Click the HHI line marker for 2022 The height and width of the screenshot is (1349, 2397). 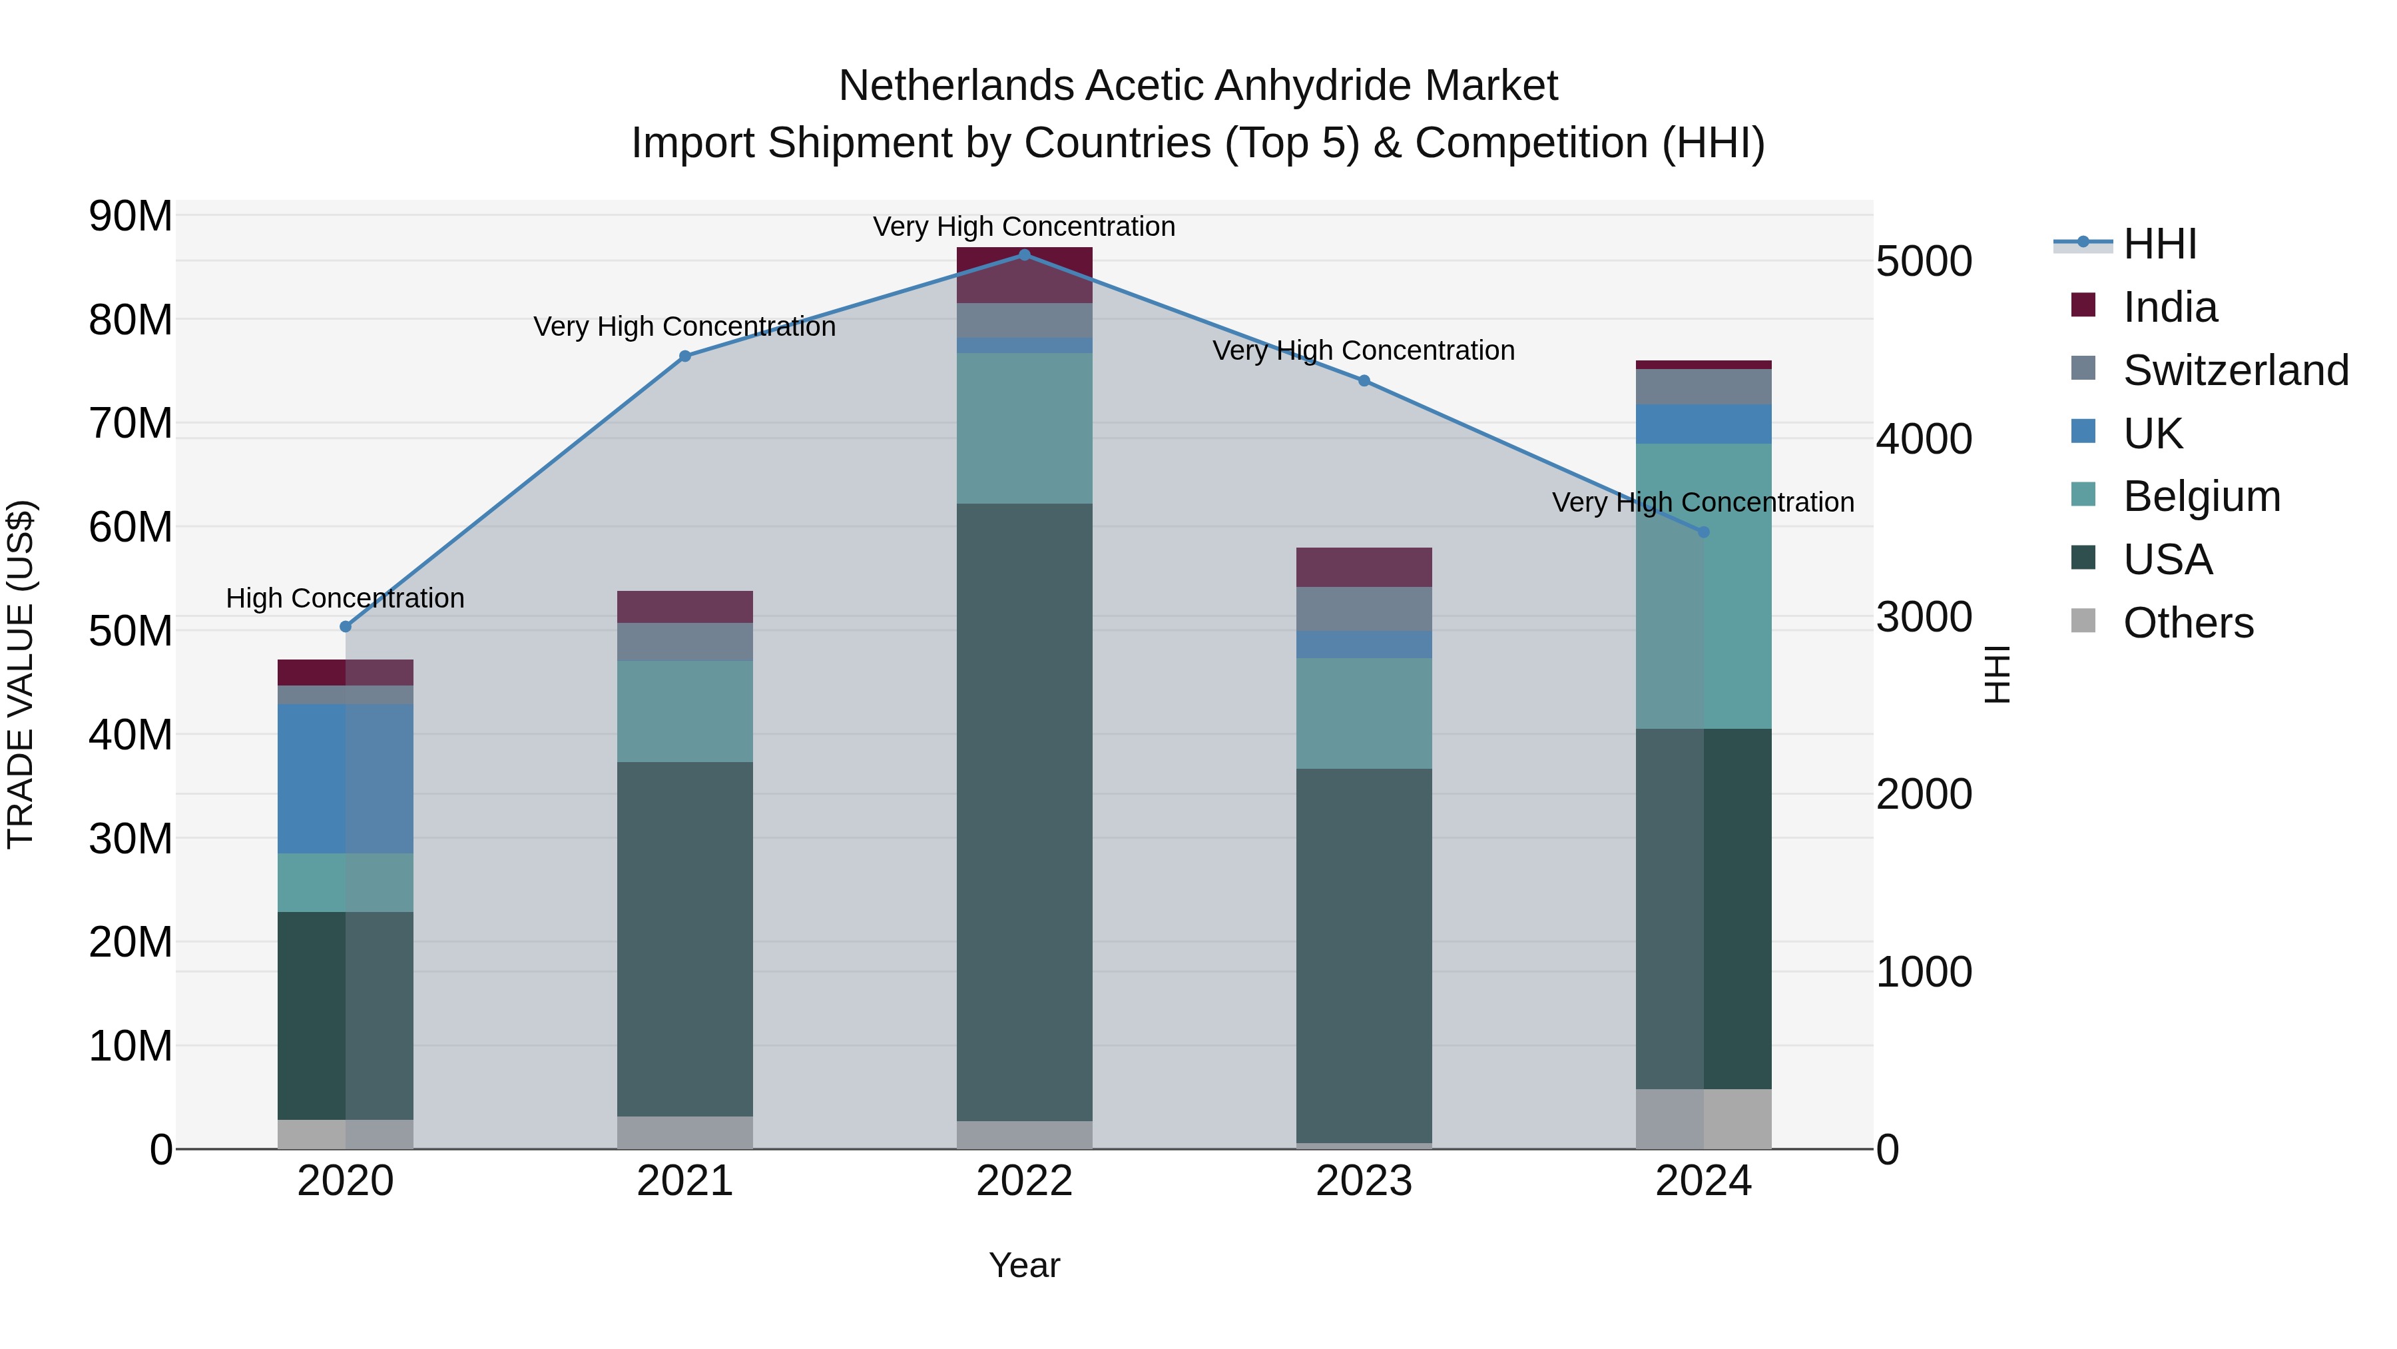point(1025,255)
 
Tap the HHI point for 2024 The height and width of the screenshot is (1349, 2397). point(1704,532)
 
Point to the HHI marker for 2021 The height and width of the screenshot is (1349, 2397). point(685,356)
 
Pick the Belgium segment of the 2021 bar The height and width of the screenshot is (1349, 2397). point(685,711)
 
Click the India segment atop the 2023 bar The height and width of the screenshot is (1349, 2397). point(1364,567)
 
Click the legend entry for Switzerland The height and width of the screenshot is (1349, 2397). point(2235,370)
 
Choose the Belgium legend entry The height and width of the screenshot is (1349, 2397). point(2202,496)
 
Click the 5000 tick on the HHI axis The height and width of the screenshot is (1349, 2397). point(1924,262)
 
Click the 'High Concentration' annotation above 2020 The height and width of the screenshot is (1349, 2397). point(345,599)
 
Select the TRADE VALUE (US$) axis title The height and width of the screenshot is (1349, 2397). point(21,674)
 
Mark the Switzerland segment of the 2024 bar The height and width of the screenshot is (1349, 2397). point(1704,387)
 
